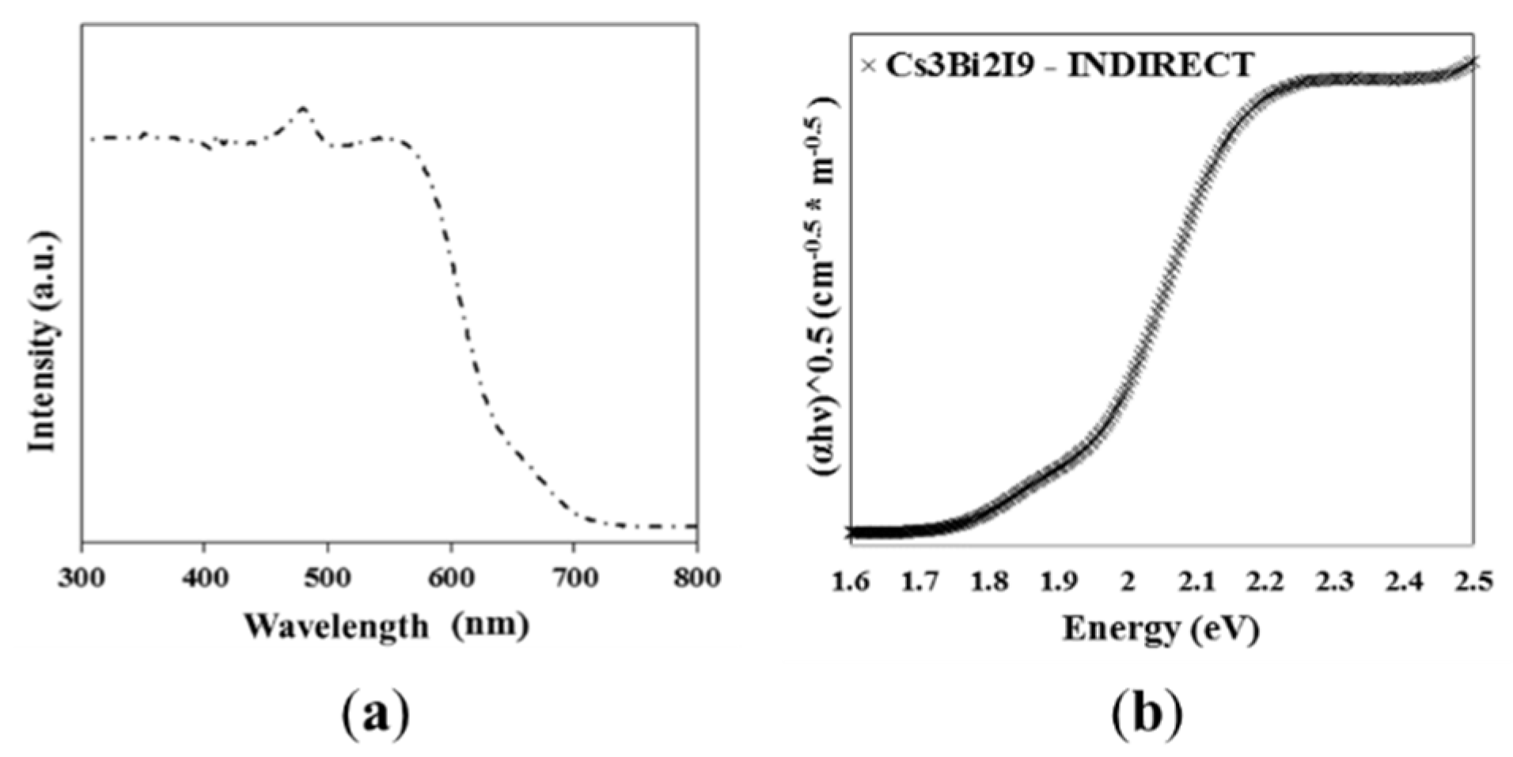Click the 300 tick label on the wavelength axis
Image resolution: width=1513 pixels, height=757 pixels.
pyautogui.click(x=82, y=578)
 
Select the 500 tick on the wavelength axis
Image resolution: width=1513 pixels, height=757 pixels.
pyautogui.click(x=328, y=578)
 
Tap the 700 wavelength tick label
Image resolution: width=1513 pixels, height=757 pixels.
pyautogui.click(x=574, y=578)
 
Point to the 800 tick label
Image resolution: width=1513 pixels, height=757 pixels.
pyautogui.click(x=696, y=578)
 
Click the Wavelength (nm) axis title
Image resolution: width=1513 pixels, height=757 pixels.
pyautogui.click(x=385, y=627)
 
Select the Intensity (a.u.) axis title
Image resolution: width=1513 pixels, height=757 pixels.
pyautogui.click(x=43, y=342)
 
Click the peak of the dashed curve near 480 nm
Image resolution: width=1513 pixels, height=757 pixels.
pyautogui.click(x=302, y=108)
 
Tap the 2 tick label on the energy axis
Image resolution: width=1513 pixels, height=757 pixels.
pyautogui.click(x=1128, y=582)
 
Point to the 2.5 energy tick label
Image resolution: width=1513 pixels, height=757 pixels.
pyautogui.click(x=1473, y=582)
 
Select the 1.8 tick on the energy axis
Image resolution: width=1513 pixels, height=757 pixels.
pyautogui.click(x=990, y=582)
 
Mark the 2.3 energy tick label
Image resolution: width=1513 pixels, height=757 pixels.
pyautogui.click(x=1335, y=582)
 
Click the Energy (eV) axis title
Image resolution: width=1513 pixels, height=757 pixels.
pyautogui.click(x=1160, y=629)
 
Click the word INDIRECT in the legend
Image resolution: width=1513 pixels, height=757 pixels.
pyautogui.click(x=1160, y=65)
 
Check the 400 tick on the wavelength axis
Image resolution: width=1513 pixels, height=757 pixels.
pyautogui.click(x=205, y=578)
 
